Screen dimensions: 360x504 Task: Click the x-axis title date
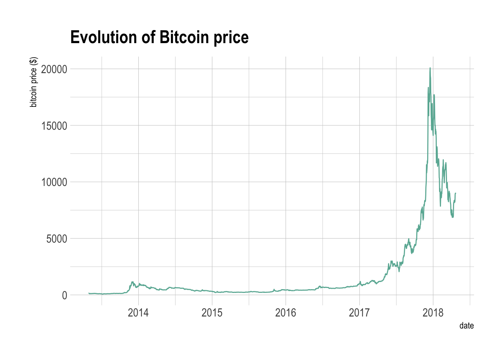coord(466,325)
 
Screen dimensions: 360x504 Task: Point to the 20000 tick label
coord(54,69)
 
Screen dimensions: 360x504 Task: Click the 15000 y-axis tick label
coord(54,126)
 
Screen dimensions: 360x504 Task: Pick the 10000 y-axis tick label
coord(54,182)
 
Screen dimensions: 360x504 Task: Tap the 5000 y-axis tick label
coord(57,238)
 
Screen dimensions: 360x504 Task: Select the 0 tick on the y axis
coord(64,295)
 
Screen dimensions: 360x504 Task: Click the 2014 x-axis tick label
coord(138,313)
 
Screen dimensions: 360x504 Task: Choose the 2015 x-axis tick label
coord(212,313)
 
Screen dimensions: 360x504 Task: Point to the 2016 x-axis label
coord(285,313)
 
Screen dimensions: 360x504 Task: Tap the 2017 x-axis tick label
coord(359,313)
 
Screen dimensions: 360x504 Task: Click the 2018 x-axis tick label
coord(433,313)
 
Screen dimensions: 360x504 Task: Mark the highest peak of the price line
coord(430,68)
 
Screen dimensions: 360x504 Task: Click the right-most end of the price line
coord(455,193)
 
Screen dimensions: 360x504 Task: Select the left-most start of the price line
coord(89,293)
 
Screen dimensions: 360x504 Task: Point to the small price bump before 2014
coord(132,282)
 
